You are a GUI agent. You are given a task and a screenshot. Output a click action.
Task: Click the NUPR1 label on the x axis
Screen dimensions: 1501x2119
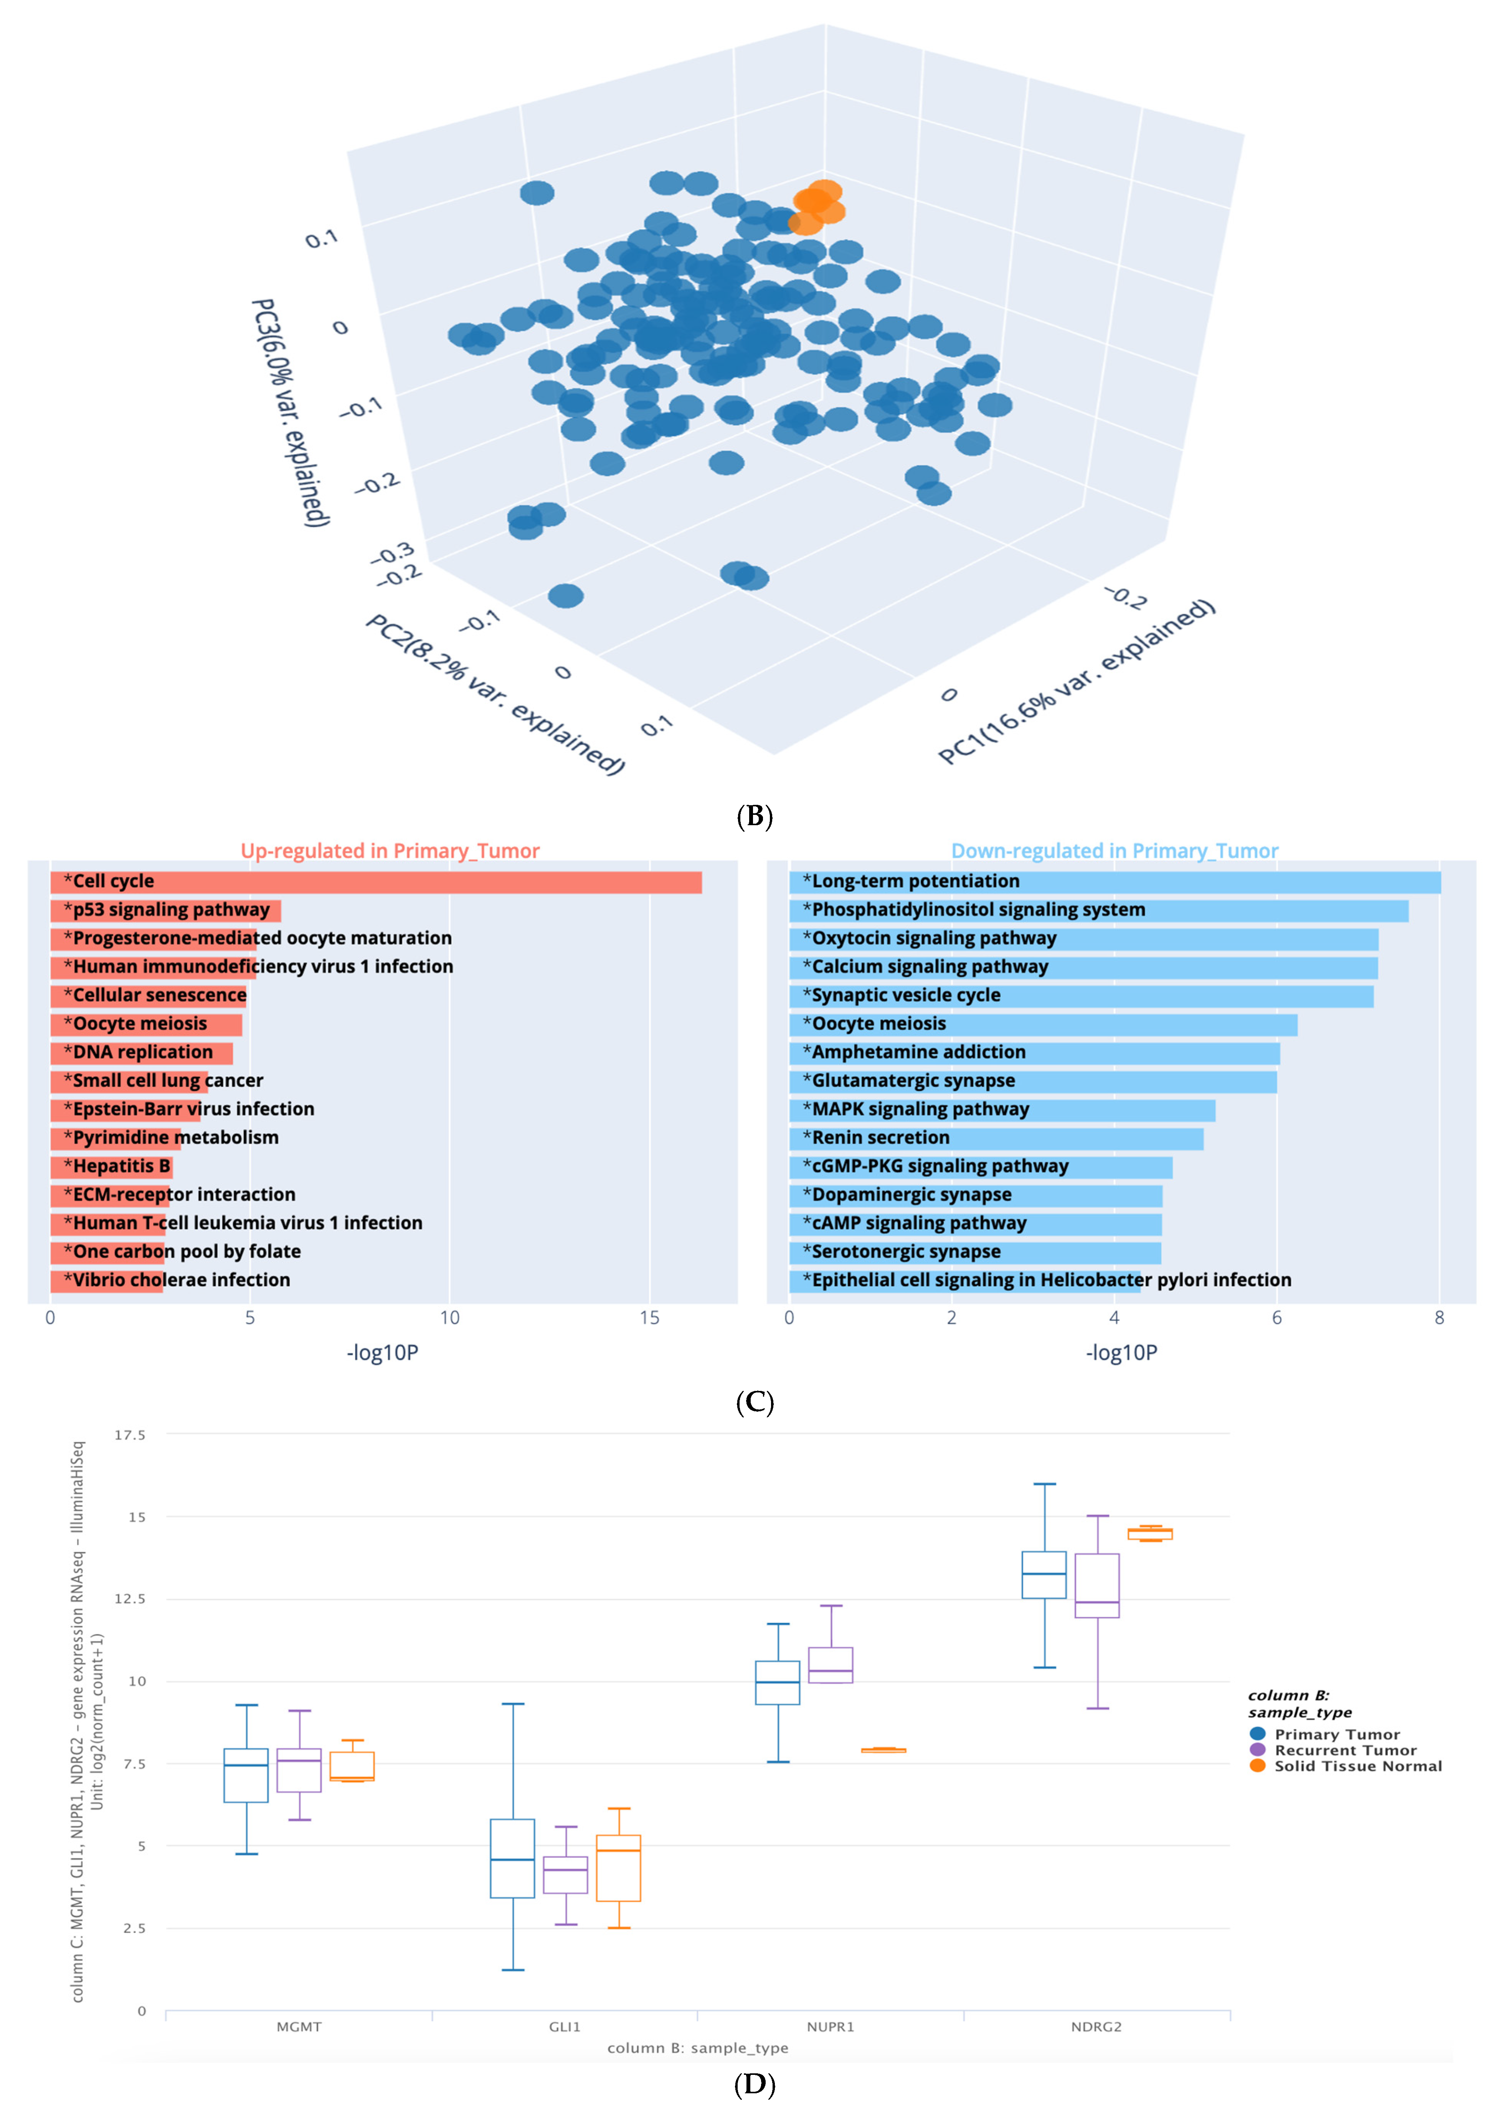[x=830, y=2027]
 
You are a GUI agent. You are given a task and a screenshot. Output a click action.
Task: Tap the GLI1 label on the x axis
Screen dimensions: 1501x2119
[x=565, y=2027]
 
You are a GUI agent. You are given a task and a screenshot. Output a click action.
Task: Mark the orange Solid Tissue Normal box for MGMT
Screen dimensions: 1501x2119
[x=352, y=1766]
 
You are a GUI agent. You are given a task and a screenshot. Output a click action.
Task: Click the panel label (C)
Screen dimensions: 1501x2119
[x=754, y=1402]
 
